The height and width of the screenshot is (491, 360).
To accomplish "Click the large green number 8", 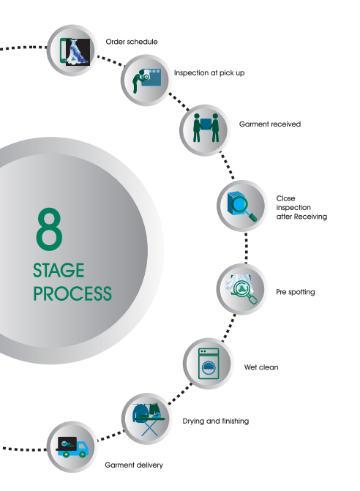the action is click(x=49, y=228).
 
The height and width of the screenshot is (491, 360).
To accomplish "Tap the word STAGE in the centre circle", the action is click(x=59, y=270).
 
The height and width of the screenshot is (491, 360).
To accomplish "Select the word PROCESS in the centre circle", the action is click(x=72, y=293).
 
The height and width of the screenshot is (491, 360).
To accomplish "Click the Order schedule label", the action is click(x=132, y=42).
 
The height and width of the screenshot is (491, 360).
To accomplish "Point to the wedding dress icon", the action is click(x=75, y=52).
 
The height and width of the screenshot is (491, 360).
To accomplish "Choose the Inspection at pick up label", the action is click(x=209, y=73).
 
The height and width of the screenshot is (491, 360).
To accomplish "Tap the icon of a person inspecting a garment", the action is click(x=146, y=80).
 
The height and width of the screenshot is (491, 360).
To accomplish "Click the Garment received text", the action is click(x=270, y=124).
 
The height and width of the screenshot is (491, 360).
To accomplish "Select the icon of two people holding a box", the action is click(x=206, y=128).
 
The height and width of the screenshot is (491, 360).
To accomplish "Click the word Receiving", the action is click(x=310, y=217).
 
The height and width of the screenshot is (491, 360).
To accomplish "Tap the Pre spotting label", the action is click(x=295, y=292).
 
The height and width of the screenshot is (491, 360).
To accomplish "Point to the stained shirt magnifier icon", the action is click(x=241, y=289).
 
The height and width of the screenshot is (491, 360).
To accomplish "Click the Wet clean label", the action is click(x=261, y=367).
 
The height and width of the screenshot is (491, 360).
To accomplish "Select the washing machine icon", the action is click(x=209, y=364).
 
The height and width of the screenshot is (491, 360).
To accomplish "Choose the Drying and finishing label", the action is click(x=216, y=421).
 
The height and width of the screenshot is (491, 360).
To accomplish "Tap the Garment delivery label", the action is click(x=134, y=465).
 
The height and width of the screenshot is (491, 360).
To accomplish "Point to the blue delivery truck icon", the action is click(x=72, y=447).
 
